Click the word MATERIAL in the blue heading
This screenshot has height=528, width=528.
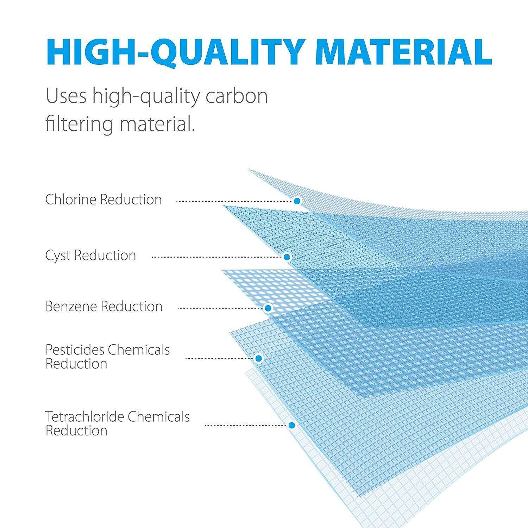[x=403, y=51]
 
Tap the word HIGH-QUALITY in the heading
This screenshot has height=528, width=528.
[x=174, y=52]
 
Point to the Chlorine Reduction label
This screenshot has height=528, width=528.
[x=103, y=200]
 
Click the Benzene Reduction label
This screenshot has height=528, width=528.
[x=104, y=307]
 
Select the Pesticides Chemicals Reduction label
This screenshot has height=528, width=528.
[x=108, y=357]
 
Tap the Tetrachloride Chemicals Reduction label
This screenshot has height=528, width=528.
[x=118, y=423]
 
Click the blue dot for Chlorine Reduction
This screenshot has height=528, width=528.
[x=297, y=201]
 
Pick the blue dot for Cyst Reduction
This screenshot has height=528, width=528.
[x=287, y=257]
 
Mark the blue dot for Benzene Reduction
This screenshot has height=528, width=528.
[x=268, y=308]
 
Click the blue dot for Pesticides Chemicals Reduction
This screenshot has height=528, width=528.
[x=259, y=358]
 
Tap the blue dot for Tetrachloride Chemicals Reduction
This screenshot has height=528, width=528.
[x=291, y=425]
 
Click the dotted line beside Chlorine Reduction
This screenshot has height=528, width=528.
[x=234, y=201]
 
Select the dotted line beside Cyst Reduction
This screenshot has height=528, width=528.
[x=217, y=257]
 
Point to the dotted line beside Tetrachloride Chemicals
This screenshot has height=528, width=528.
[x=246, y=425]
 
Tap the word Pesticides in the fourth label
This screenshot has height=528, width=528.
[x=75, y=350]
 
